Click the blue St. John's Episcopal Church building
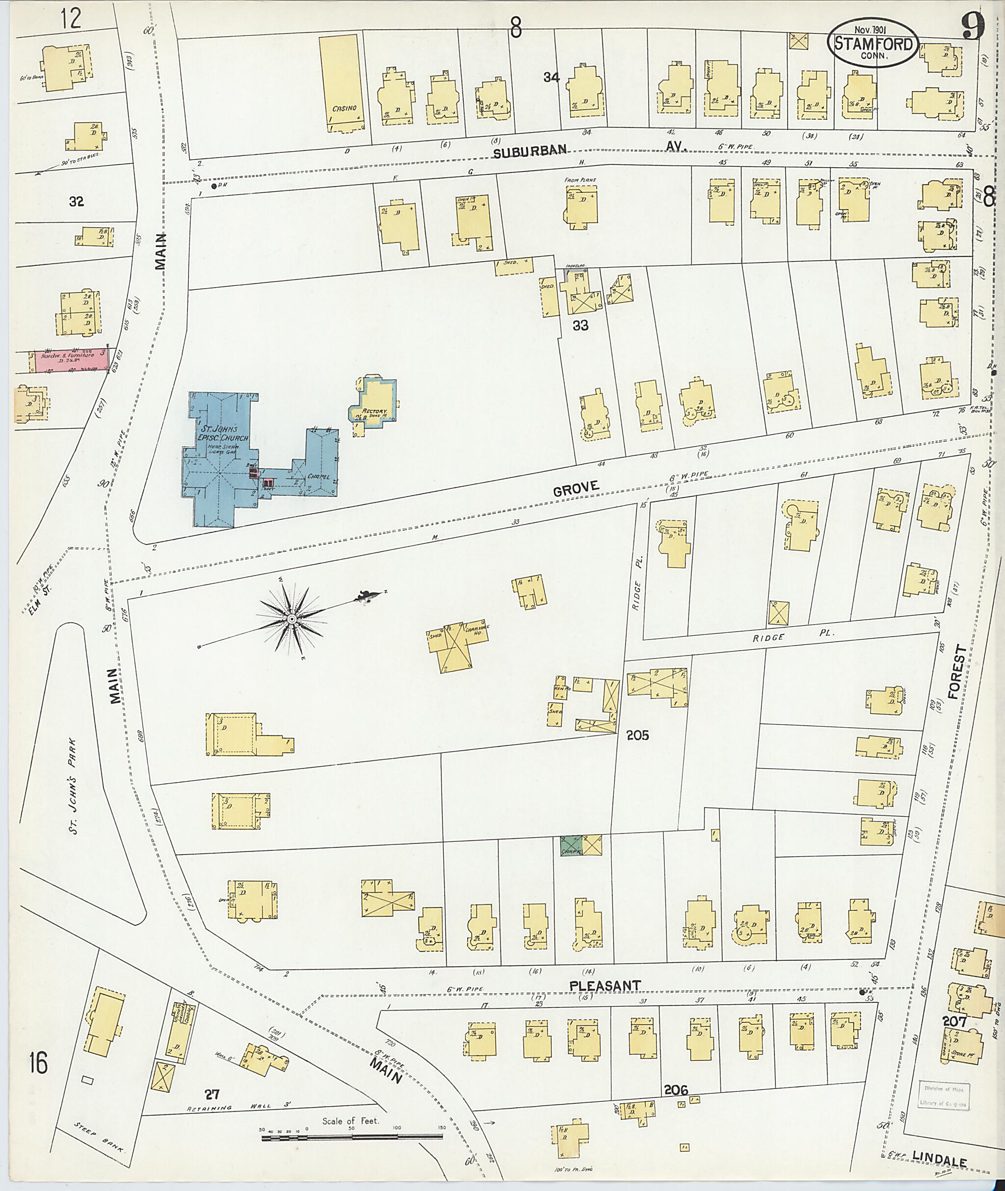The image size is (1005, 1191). point(219,456)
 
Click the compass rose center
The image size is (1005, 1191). point(291,619)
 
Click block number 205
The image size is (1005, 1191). point(637,735)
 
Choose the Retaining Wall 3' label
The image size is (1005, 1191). point(240,1107)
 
